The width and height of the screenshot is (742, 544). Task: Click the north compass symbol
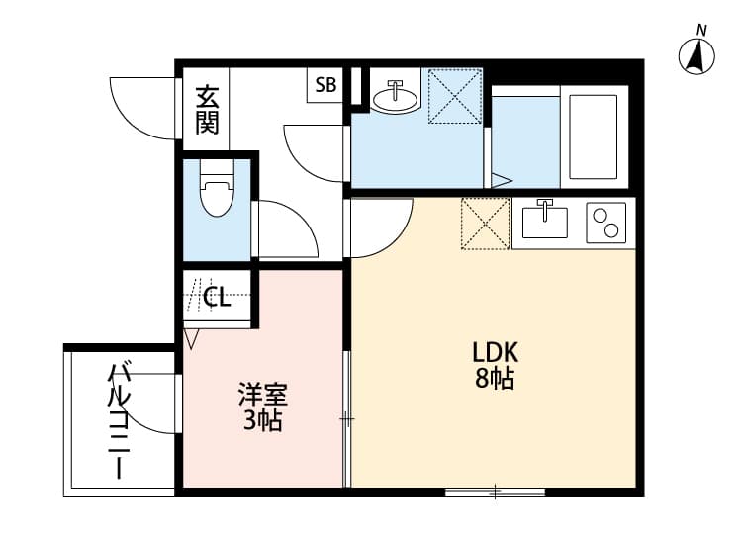(696, 55)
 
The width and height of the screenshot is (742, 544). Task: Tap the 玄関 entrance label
(206, 110)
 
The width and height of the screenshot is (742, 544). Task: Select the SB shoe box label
(325, 86)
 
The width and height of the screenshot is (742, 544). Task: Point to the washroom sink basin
(396, 95)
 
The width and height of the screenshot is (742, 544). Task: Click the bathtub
(593, 136)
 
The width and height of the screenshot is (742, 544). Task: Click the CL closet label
(218, 297)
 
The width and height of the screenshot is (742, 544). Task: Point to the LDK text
(495, 352)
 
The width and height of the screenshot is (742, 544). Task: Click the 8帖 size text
(494, 379)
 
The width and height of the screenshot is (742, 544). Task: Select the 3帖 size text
(262, 421)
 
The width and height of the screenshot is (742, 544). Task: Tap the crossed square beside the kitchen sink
(486, 224)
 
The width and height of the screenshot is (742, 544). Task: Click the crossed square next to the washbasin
(454, 96)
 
